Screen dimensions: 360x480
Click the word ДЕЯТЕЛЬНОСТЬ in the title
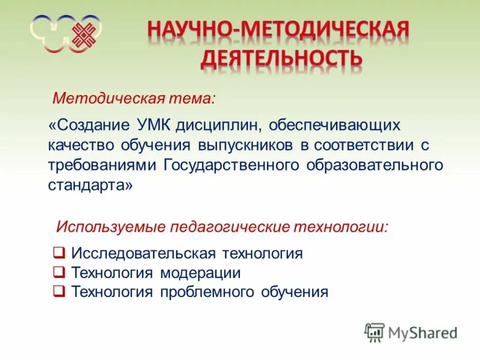(x=280, y=58)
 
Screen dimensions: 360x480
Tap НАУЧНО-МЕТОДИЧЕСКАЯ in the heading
(x=278, y=30)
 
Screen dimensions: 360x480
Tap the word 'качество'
(x=85, y=146)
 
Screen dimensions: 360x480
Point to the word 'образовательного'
(x=374, y=166)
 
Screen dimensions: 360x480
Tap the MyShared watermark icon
(x=374, y=332)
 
